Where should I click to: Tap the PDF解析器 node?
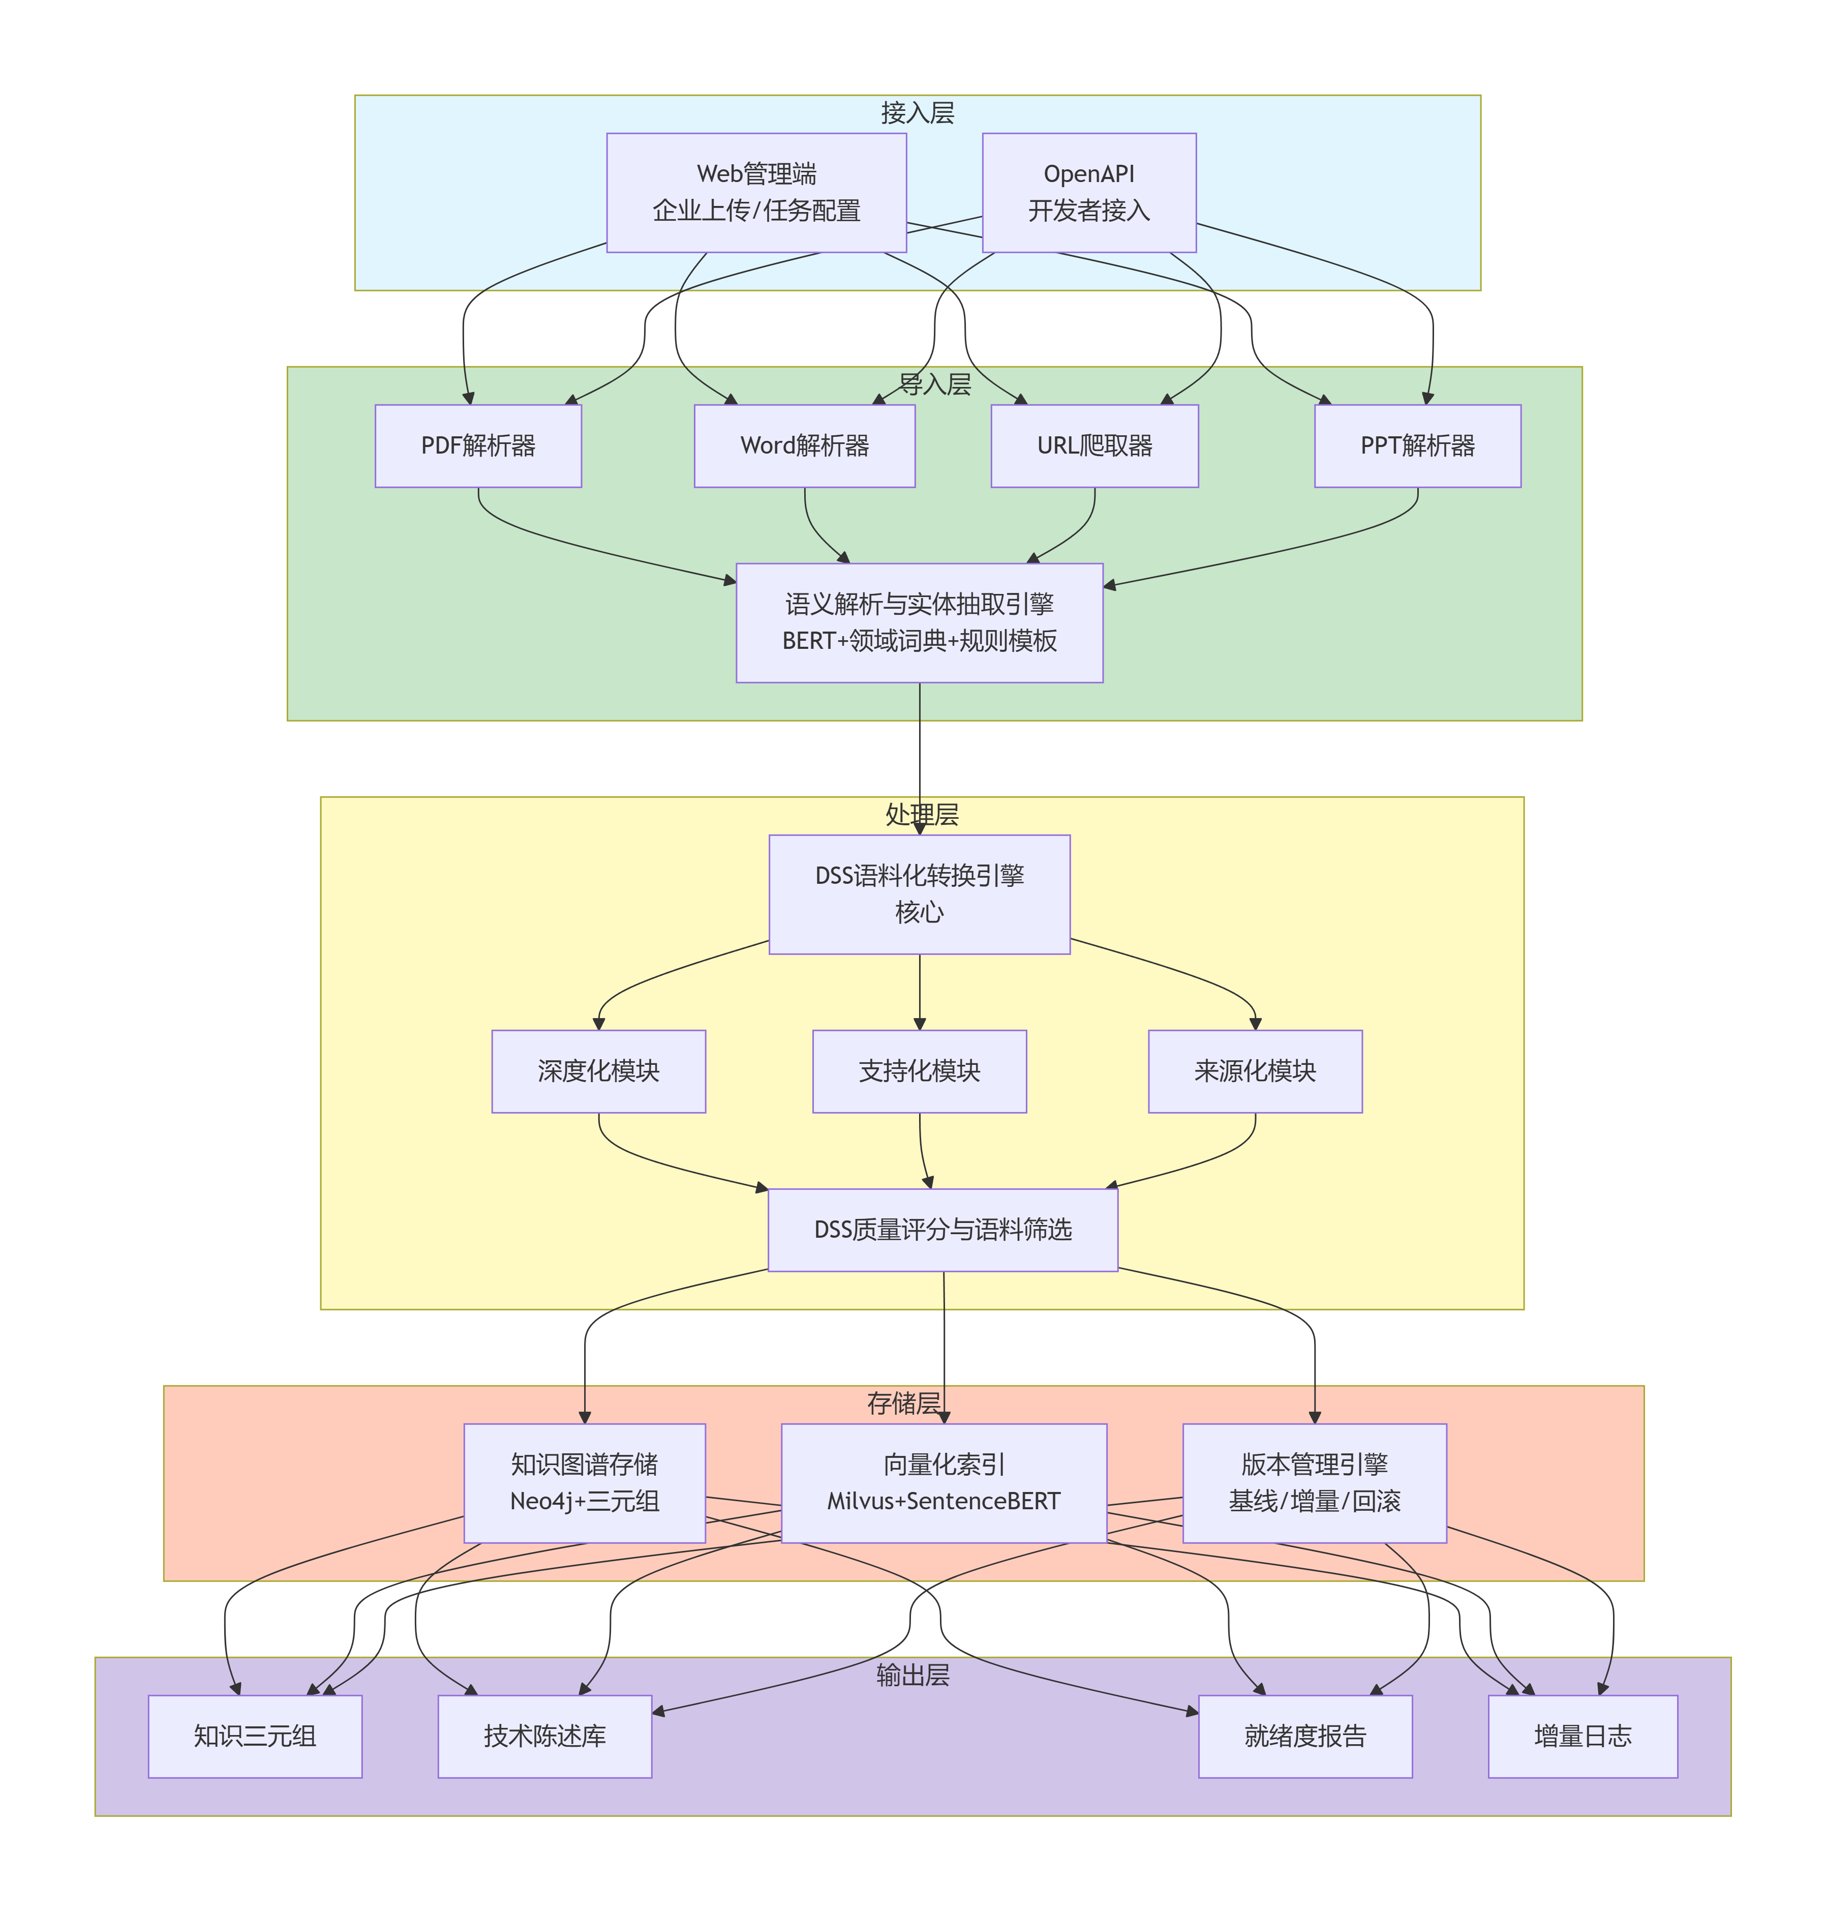point(478,446)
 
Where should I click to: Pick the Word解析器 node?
point(804,446)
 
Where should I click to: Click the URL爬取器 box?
point(1094,446)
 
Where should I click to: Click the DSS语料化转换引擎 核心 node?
point(919,893)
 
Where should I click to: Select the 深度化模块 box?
point(599,1071)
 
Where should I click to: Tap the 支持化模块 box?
point(919,1071)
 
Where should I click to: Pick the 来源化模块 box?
point(1255,1071)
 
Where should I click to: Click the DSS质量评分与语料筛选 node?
point(942,1230)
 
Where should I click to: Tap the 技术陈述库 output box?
point(544,1736)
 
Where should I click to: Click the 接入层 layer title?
point(917,113)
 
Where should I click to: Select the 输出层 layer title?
point(912,1675)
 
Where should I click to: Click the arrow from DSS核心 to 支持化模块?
point(919,993)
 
